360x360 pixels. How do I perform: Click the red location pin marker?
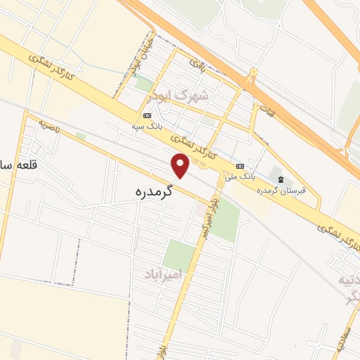(x=181, y=165)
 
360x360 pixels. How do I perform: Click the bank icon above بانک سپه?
(x=147, y=115)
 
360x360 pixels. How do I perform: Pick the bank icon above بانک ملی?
(x=240, y=165)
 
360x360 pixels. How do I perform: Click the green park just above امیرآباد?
(x=179, y=254)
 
